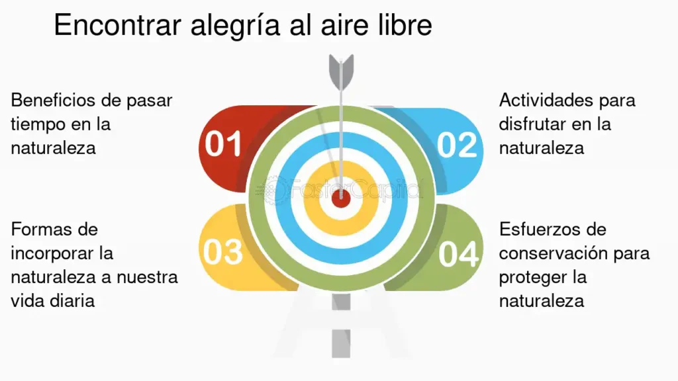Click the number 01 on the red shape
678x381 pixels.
pyautogui.click(x=223, y=144)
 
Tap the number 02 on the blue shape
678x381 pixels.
pyautogui.click(x=457, y=145)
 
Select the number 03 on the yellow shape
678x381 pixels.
pyautogui.click(x=223, y=252)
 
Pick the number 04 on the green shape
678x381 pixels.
pyautogui.click(x=458, y=254)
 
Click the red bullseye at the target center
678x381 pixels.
pyautogui.click(x=341, y=199)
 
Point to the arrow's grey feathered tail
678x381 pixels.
pyautogui.click(x=341, y=71)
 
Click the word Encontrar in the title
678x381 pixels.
pyautogui.click(x=117, y=25)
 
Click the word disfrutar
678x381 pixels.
pyautogui.click(x=532, y=124)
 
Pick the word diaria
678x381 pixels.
pyautogui.click(x=74, y=301)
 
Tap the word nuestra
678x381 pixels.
pyautogui.click(x=147, y=277)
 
